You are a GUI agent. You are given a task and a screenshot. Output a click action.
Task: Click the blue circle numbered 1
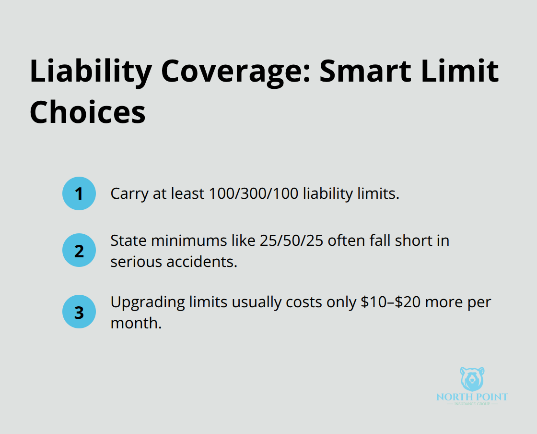pyautogui.click(x=79, y=193)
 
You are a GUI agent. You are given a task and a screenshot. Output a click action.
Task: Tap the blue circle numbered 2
pyautogui.click(x=79, y=251)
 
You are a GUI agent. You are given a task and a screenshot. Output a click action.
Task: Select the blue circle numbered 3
pyautogui.click(x=79, y=312)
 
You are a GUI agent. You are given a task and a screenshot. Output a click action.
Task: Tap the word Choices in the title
pyautogui.click(x=87, y=112)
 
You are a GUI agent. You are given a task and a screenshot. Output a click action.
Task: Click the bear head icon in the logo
pyautogui.click(x=472, y=379)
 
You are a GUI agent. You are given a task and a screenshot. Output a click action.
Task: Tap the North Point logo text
pyautogui.click(x=472, y=397)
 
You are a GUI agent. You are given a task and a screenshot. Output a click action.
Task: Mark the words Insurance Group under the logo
pyautogui.click(x=472, y=404)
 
